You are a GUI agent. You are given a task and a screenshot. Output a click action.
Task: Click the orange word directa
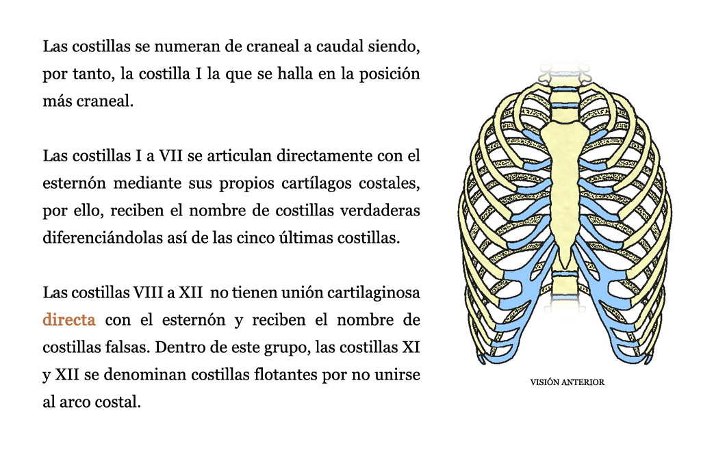(69, 320)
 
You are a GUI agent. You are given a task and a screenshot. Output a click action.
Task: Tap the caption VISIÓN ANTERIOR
(568, 382)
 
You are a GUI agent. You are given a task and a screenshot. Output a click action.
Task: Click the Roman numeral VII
(170, 156)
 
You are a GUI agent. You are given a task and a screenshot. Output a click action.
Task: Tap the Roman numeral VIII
(149, 293)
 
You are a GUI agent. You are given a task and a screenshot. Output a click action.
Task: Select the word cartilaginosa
(374, 293)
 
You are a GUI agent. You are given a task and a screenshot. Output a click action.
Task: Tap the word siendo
(394, 47)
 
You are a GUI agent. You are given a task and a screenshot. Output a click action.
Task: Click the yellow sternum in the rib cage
(565, 187)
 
